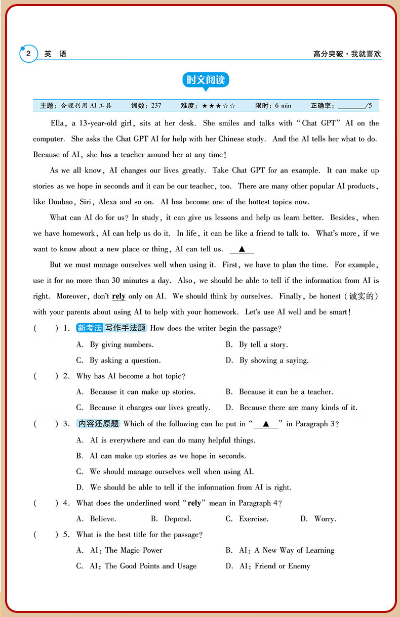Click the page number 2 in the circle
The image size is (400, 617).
tap(29, 54)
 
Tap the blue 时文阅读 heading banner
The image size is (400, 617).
tap(206, 80)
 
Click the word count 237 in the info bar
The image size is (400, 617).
tap(156, 106)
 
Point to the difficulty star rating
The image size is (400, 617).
tap(218, 106)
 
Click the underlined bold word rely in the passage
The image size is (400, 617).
tap(118, 296)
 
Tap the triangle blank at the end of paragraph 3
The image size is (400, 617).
tap(242, 249)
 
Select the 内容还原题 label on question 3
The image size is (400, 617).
tap(99, 424)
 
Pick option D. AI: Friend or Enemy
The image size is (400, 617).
tap(267, 566)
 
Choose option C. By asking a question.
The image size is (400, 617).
tap(118, 361)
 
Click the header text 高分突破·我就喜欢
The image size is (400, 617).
tap(346, 54)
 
